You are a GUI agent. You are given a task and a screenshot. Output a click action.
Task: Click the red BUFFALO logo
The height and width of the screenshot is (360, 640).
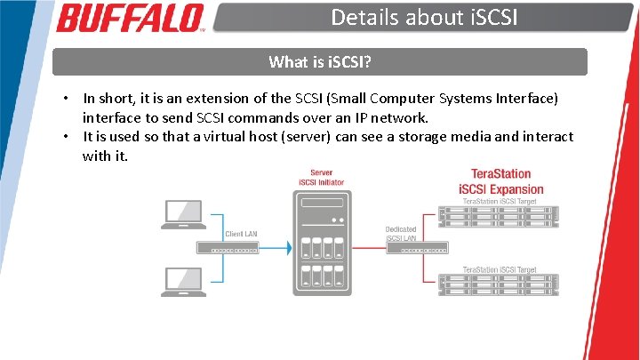[130, 18]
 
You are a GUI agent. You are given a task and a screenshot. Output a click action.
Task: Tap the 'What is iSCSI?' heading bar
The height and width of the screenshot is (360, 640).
[319, 62]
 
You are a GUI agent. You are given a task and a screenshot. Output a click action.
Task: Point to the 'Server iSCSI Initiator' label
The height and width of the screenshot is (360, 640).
[321, 178]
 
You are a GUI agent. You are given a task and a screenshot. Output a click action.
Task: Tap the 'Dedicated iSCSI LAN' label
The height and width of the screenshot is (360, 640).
[401, 234]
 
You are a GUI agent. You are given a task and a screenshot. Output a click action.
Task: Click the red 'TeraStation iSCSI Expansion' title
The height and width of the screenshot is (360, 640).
[500, 181]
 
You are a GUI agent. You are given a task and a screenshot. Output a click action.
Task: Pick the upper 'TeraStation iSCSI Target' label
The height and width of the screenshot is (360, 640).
[500, 202]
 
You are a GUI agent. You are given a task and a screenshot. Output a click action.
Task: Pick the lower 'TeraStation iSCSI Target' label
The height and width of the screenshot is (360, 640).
[500, 269]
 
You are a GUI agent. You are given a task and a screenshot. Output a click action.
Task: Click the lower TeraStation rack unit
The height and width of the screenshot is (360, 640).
[500, 284]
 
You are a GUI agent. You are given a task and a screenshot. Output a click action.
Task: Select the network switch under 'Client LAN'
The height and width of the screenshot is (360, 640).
[235, 249]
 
